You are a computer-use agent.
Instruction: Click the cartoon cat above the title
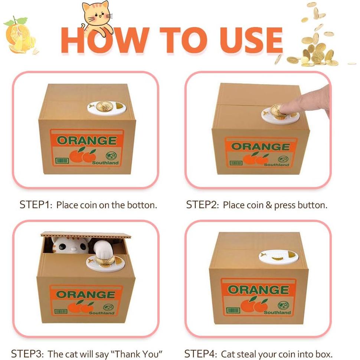(98, 17)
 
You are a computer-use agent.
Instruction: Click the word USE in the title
(251, 40)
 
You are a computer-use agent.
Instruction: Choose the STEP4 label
(201, 354)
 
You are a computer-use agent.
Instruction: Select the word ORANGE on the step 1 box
(87, 141)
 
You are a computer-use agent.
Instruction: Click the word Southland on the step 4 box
(277, 312)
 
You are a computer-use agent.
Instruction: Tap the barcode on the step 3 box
(61, 311)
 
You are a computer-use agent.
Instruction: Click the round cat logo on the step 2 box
(283, 159)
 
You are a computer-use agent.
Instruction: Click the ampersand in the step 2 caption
(269, 205)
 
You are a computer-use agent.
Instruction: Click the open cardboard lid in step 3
(86, 235)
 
